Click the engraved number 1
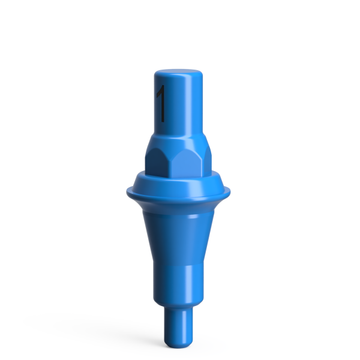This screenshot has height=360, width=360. pyautogui.click(x=160, y=103)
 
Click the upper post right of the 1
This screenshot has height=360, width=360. pyautogui.click(x=183, y=105)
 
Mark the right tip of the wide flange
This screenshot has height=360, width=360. pyautogui.click(x=231, y=191)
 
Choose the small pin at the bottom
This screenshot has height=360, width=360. pyautogui.click(x=179, y=327)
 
